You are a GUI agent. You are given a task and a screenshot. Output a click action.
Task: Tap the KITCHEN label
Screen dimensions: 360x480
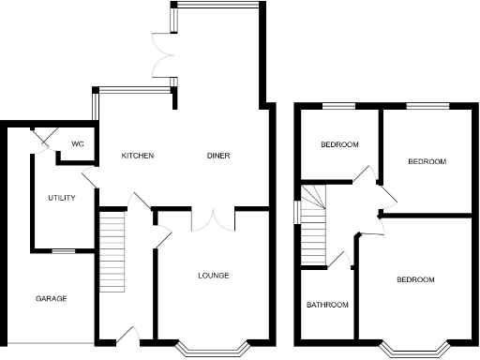pos(138,156)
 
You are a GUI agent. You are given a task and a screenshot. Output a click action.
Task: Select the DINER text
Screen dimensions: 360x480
pos(218,156)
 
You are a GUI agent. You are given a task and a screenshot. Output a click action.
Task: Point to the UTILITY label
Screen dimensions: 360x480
pos(62,198)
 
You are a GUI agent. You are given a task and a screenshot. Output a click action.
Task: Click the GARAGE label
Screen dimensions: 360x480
pos(51,299)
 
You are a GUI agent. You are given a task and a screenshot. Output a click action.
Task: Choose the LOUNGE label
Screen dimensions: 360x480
pos(213,276)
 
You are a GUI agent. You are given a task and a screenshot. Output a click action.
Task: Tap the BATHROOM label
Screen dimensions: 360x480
pos(328,306)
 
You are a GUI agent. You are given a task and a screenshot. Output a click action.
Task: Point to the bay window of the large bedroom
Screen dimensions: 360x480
pos(414,350)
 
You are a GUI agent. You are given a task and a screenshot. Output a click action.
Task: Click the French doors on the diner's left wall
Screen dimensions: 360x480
pos(164,57)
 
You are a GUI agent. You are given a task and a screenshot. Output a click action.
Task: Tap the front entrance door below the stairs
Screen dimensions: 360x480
pos(128,334)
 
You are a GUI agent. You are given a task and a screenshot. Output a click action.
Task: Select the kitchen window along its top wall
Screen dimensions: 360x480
pos(134,90)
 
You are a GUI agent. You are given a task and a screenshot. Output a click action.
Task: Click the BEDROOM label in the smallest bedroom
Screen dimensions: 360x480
pos(338,145)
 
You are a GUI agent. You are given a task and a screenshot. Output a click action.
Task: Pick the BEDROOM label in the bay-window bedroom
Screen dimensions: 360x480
pos(414,280)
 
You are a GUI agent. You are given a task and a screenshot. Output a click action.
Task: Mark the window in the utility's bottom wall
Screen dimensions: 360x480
pos(63,250)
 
